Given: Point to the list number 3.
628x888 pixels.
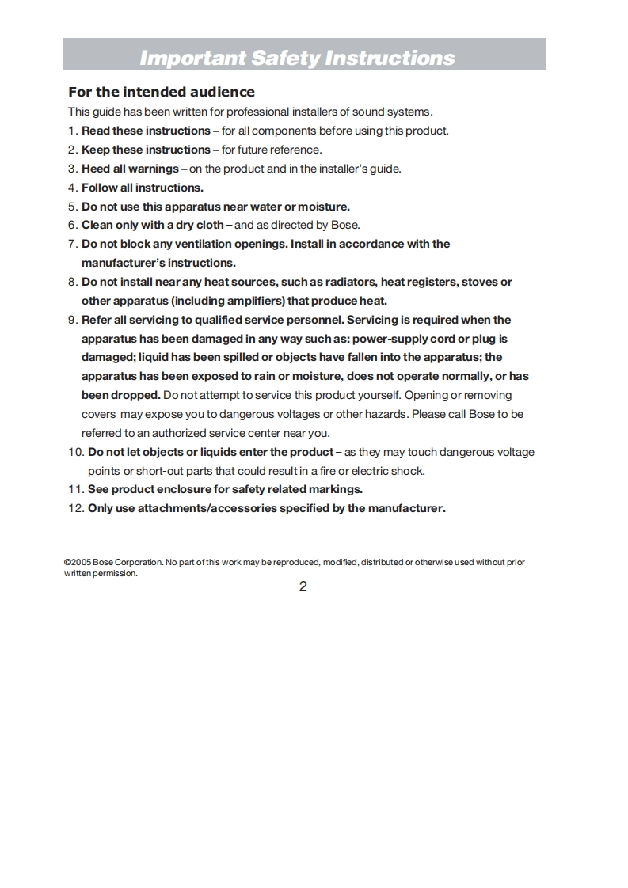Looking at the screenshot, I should click(x=72, y=169).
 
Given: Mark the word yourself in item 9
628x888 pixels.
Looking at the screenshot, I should click(x=375, y=395).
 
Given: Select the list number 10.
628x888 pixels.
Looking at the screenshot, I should click(x=75, y=452).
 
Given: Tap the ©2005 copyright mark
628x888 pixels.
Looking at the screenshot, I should click(x=77, y=563).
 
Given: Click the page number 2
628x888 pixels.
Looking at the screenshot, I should click(x=303, y=587).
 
